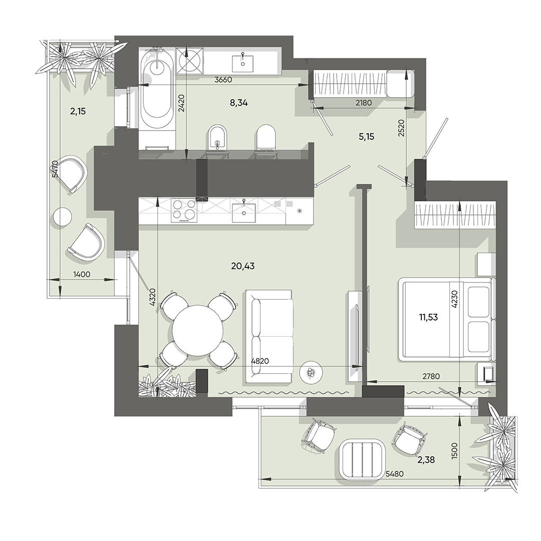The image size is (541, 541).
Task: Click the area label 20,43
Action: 243,266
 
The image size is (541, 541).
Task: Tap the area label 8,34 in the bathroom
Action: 239,103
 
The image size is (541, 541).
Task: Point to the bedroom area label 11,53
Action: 428,317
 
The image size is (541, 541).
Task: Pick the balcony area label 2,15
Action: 78,111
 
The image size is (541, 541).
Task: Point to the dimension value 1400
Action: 81,274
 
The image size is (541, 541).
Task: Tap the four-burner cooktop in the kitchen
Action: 183,210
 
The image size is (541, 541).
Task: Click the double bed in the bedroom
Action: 446,319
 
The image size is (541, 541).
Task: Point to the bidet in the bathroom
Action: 217,138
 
